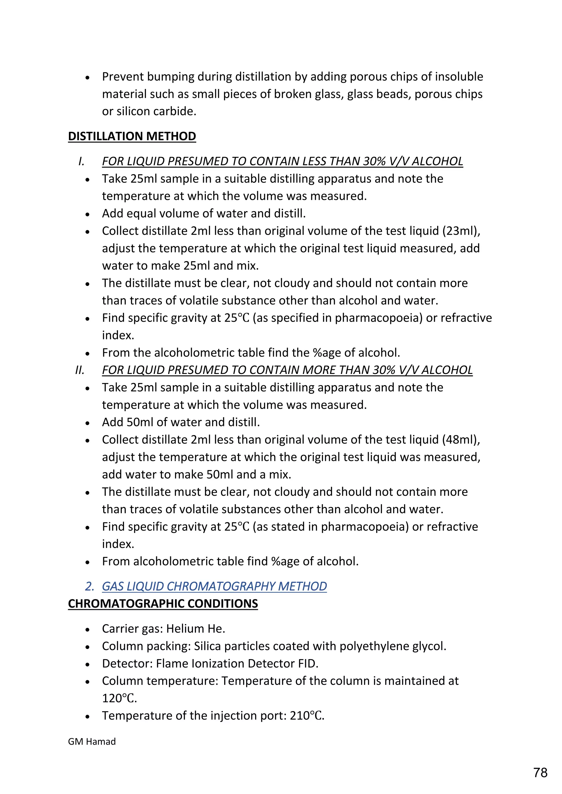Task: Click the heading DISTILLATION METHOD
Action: pos(132,136)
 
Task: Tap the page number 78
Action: pos(540,773)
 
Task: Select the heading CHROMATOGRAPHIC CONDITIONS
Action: pos(163,604)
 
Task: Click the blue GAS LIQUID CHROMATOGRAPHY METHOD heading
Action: pos(214,586)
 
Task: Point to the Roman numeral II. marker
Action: pos(80,370)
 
